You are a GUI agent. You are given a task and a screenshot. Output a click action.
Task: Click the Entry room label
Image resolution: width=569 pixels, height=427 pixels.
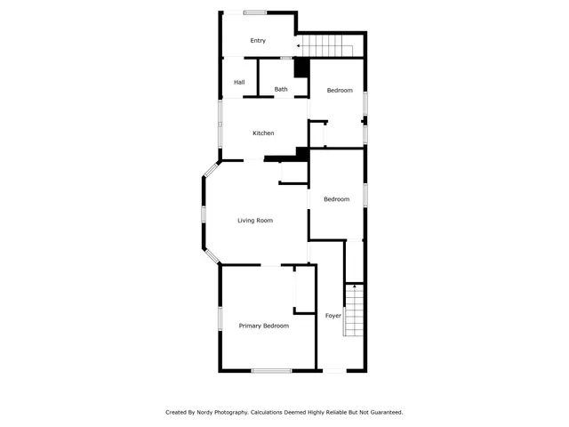coord(258,40)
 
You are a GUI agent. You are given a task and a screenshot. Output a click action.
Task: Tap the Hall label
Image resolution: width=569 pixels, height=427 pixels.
coord(239,83)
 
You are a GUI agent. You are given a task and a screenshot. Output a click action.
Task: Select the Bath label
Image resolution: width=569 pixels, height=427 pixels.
coord(281,89)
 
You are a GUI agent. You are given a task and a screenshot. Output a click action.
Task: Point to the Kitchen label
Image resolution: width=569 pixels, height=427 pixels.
coord(263,133)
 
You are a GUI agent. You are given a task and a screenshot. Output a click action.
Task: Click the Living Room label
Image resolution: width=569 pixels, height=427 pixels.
coord(254,221)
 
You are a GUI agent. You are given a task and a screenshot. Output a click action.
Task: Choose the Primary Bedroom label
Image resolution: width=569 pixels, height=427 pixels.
coord(263,326)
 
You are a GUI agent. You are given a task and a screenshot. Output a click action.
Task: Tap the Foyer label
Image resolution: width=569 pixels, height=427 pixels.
coord(333,316)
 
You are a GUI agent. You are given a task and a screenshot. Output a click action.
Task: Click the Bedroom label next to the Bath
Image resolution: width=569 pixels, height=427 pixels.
coord(340,91)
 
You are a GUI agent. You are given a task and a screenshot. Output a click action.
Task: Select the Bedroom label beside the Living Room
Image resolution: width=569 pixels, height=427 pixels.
coord(336,199)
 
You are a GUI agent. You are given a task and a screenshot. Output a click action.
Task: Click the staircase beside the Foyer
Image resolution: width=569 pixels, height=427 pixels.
coord(355,310)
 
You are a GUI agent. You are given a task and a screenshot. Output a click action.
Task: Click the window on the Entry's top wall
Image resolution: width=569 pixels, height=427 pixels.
coord(255,12)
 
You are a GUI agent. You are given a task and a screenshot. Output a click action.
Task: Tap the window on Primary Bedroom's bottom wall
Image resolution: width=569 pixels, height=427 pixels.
coord(271,370)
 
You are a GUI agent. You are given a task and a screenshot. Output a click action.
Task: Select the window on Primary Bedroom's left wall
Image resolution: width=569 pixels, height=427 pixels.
coord(220,318)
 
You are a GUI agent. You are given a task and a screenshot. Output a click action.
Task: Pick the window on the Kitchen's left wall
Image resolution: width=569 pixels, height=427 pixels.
coord(221,122)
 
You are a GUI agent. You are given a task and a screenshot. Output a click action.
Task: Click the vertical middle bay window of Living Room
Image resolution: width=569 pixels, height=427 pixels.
coord(204,213)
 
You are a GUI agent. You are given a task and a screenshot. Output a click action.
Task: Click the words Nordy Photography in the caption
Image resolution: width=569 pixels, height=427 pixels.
coord(217,412)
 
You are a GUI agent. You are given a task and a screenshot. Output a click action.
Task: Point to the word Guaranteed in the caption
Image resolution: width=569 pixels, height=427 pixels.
coord(383,412)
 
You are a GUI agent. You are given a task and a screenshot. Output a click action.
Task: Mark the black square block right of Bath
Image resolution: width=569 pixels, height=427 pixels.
coord(301,68)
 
